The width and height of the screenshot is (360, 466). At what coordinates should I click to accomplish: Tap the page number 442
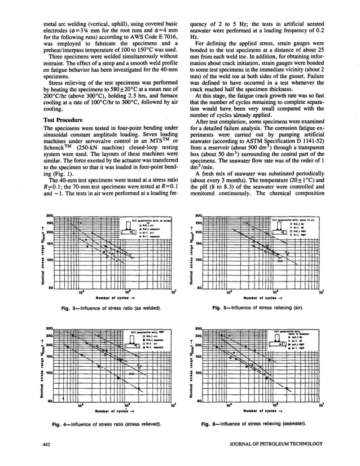click(x=49, y=446)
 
